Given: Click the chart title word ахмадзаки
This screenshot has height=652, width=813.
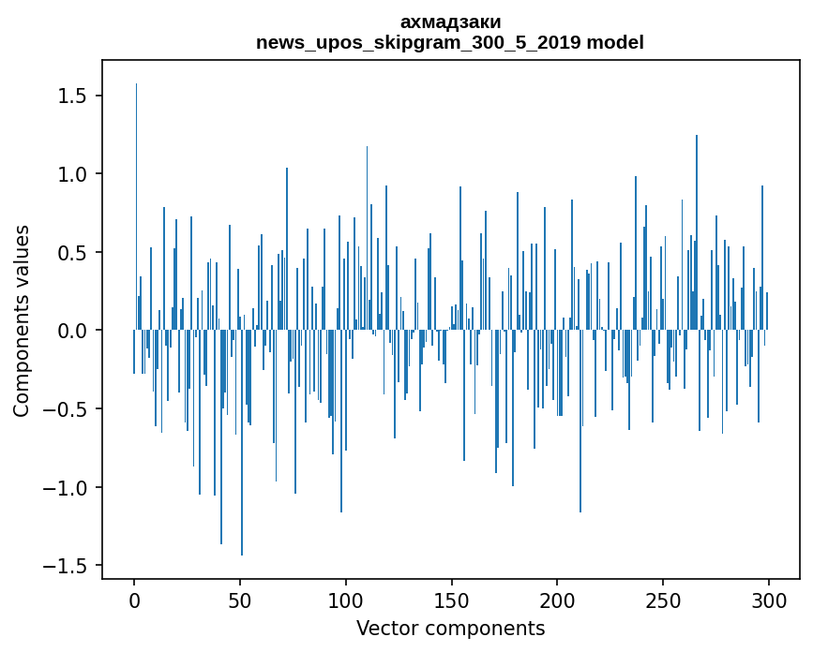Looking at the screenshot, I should (450, 22).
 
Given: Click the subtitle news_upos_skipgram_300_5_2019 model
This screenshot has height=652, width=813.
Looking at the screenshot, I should (450, 42).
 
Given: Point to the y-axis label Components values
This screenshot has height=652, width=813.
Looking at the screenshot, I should (22, 320).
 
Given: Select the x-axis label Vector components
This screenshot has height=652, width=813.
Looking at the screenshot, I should (450, 628).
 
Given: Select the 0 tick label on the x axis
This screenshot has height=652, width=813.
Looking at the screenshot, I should (134, 600).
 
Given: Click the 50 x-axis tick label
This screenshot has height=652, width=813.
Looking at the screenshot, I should (240, 600).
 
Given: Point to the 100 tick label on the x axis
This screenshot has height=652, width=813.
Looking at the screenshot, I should (346, 600).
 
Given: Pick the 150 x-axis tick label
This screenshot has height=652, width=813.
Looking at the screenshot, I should (452, 600).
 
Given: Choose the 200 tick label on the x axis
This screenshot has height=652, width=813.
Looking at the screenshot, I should (558, 600).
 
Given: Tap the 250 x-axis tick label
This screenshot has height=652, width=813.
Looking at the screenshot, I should (663, 600).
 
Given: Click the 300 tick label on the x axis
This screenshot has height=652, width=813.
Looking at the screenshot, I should (769, 600).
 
